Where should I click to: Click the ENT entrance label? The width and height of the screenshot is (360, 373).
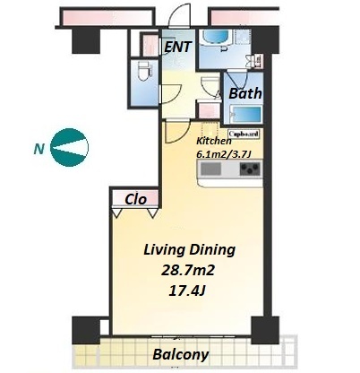pyautogui.click(x=178, y=47)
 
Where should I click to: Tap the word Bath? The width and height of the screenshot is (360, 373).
pyautogui.click(x=245, y=93)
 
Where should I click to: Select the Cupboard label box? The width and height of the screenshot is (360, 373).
pyautogui.click(x=244, y=134)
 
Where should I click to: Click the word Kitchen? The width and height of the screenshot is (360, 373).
pyautogui.click(x=214, y=141)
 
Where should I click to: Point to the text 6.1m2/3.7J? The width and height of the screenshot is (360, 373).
pyautogui.click(x=224, y=153)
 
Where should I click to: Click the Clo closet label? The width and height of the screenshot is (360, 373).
pyautogui.click(x=136, y=199)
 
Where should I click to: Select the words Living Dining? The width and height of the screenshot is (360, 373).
pyautogui.click(x=190, y=250)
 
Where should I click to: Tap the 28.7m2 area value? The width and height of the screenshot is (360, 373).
pyautogui.click(x=188, y=271)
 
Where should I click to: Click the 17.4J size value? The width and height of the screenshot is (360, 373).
pyautogui.click(x=187, y=291)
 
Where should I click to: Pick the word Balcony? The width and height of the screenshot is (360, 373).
pyautogui.click(x=181, y=354)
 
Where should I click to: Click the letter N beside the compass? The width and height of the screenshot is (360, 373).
pyautogui.click(x=39, y=149)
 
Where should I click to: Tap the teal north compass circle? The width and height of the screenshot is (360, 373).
pyautogui.click(x=69, y=147)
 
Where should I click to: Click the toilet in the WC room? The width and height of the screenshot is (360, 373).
pyautogui.click(x=145, y=71)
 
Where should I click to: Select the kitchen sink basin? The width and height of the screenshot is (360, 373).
pyautogui.click(x=210, y=169)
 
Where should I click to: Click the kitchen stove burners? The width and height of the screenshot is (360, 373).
pyautogui.click(x=250, y=169)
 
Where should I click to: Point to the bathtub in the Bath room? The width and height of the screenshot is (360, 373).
pyautogui.click(x=244, y=115)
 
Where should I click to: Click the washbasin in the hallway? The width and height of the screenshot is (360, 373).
pyautogui.click(x=210, y=87)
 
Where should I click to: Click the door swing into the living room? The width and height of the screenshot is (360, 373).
pyautogui.click(x=177, y=132)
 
